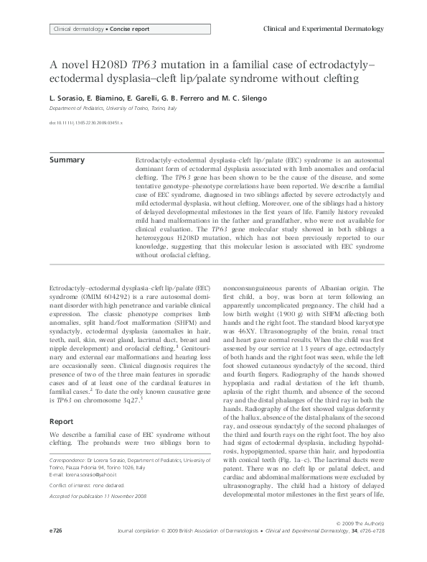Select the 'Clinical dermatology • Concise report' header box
coord(99,29)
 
